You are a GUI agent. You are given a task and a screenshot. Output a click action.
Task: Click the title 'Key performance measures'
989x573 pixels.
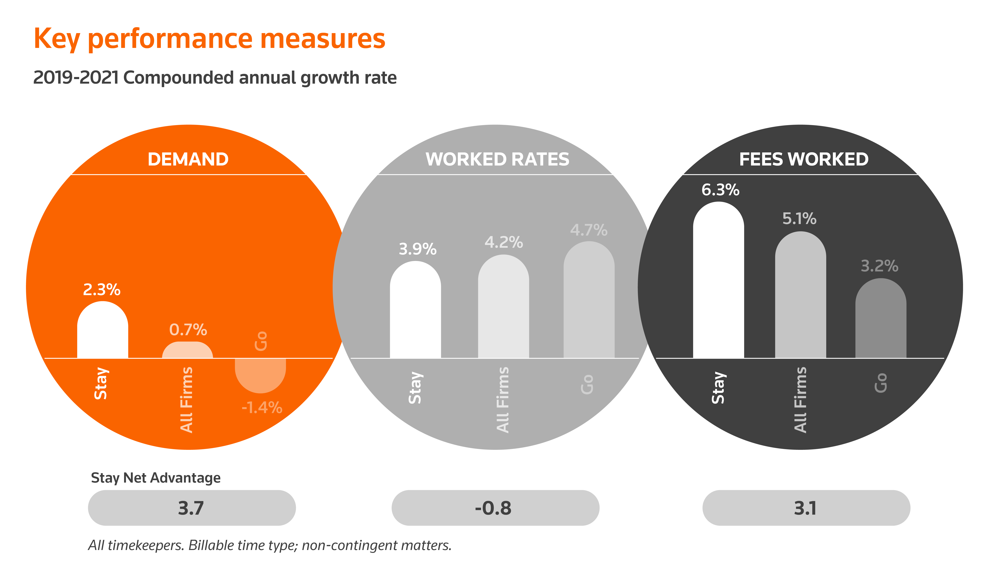click(210, 39)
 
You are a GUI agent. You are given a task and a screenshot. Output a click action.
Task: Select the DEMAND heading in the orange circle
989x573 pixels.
click(188, 159)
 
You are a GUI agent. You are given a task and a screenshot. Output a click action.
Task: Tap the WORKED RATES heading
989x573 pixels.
click(497, 159)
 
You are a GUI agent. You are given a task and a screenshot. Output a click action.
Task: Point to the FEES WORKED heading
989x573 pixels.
click(804, 159)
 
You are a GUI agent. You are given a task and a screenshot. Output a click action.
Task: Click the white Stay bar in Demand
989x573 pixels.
click(103, 330)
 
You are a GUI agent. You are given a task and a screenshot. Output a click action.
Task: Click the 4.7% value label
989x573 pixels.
click(589, 230)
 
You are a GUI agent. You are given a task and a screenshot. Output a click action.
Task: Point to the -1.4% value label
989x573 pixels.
click(262, 408)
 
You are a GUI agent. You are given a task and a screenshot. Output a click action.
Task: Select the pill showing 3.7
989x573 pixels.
click(192, 508)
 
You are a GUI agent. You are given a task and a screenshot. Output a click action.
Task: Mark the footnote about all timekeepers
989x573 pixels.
click(270, 545)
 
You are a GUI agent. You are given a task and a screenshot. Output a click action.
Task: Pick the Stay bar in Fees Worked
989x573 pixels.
click(719, 280)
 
